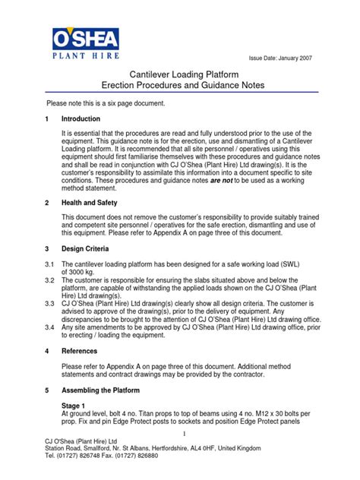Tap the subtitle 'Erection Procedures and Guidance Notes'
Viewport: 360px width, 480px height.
(x=180, y=87)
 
